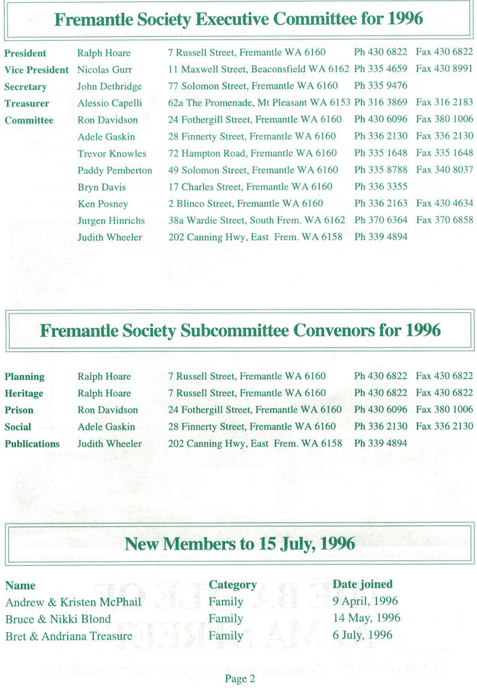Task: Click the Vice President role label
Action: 36,70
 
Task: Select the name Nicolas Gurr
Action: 104,70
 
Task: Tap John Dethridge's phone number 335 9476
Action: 381,87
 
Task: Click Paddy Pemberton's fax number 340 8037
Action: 444,170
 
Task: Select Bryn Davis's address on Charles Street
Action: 250,187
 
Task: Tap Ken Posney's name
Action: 102,203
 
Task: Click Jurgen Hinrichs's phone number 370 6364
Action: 381,220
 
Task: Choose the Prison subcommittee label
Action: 19,410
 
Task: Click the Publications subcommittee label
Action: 32,443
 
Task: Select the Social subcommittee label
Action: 18,427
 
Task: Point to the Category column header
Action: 232,584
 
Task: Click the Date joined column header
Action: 363,584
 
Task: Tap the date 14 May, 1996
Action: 366,618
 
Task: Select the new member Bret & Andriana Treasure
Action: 69,635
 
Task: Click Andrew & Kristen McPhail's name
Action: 72,601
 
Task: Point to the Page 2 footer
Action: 239,678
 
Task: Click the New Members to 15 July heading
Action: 240,543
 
